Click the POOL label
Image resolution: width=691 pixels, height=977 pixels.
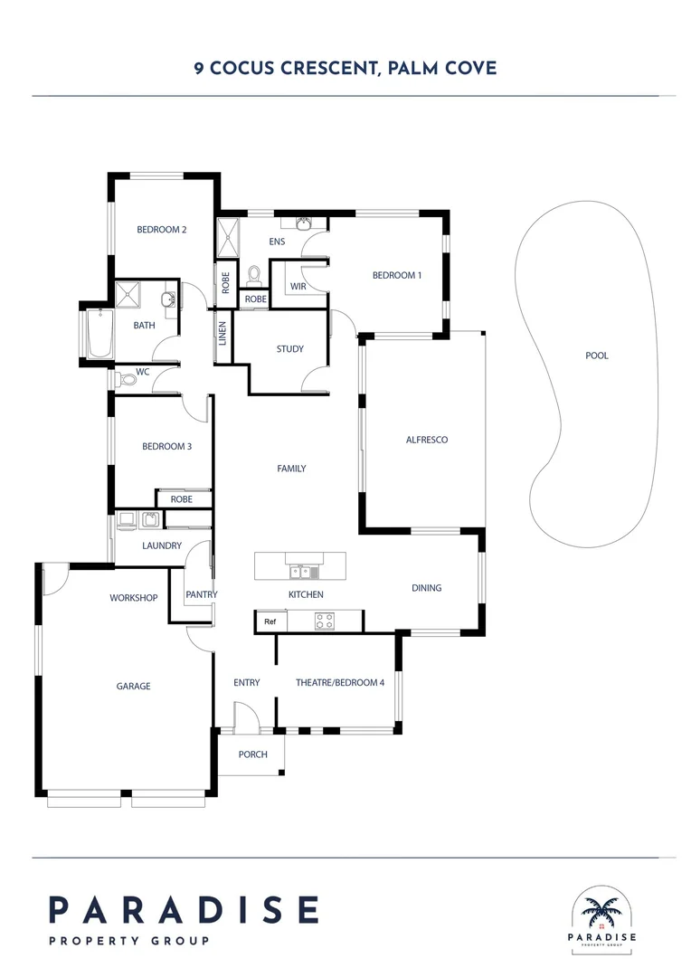point(596,356)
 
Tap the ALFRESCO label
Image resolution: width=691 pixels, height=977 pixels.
point(427,440)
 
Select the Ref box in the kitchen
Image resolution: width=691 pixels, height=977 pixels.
point(270,621)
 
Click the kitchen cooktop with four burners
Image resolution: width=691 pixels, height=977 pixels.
point(324,621)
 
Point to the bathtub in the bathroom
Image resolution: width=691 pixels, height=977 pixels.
point(99,334)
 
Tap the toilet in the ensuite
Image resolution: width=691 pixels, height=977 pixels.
point(253,275)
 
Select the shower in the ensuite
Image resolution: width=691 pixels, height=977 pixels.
point(227,237)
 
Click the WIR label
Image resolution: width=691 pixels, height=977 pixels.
point(298,287)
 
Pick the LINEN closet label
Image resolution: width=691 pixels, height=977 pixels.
point(222,334)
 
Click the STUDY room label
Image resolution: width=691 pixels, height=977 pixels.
point(290,349)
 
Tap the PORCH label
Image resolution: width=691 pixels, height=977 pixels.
point(253,754)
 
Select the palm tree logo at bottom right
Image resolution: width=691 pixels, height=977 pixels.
point(601,912)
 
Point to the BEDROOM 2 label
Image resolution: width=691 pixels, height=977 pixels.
point(162,230)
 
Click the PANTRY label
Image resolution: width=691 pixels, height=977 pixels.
point(202,594)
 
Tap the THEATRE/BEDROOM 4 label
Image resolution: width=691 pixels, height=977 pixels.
point(340,683)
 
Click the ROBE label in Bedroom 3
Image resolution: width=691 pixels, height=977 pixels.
point(181,499)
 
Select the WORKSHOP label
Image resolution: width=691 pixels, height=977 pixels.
point(133,598)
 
